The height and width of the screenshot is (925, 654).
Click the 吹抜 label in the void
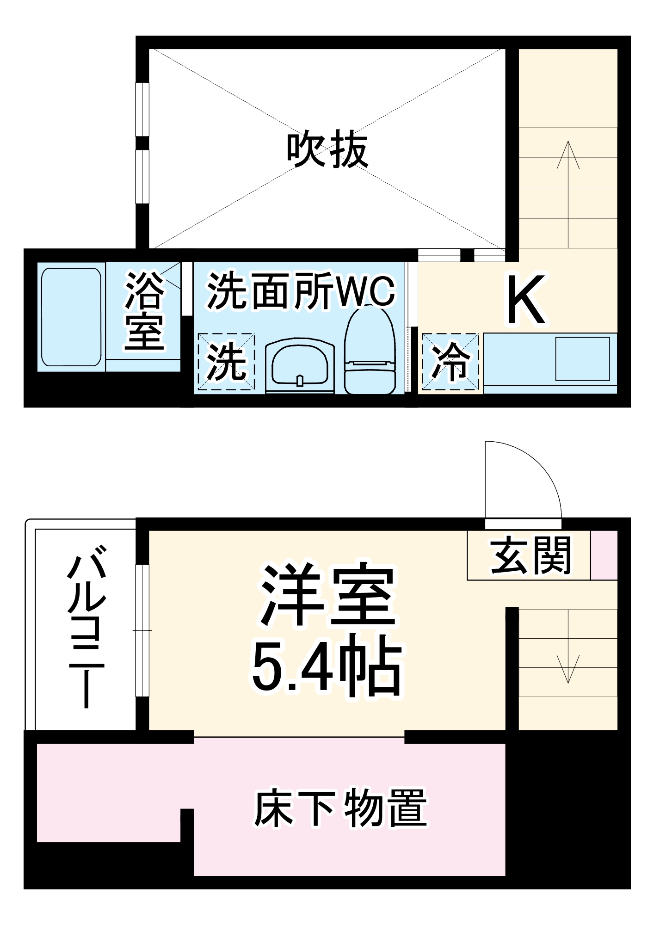click(x=327, y=150)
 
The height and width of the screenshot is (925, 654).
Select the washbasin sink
click(x=300, y=365)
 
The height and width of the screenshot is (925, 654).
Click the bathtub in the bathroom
click(x=71, y=317)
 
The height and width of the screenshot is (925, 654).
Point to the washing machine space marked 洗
click(x=226, y=361)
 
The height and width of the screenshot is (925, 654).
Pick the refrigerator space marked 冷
click(x=450, y=361)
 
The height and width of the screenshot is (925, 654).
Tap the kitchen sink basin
click(x=582, y=359)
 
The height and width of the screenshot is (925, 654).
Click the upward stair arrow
click(x=568, y=194)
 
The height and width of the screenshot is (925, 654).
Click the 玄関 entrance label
click(x=530, y=555)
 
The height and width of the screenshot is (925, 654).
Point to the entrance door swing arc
click(x=537, y=467)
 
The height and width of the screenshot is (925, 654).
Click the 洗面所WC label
click(x=301, y=291)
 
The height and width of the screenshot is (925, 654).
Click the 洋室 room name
click(x=327, y=595)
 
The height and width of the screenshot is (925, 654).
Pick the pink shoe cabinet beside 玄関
click(x=604, y=555)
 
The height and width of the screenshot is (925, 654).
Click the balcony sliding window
click(x=142, y=630)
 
